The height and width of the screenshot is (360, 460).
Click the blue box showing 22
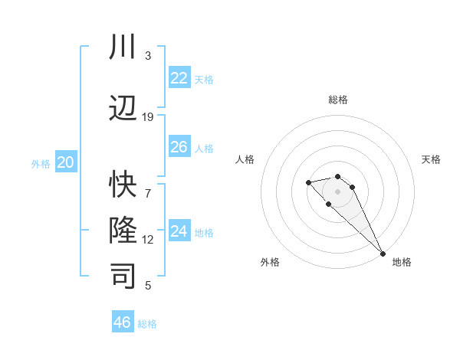point(179,77)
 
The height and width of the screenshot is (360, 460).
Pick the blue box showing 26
point(179,147)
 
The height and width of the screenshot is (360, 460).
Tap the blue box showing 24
point(179,231)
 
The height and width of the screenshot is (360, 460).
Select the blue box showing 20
point(66,162)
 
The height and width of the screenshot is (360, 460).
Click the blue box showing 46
point(123,322)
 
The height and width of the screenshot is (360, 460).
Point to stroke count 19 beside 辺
point(148,116)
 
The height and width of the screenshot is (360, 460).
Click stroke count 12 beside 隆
point(148,240)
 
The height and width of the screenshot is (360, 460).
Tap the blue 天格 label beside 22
point(204,79)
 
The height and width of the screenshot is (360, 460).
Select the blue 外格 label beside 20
point(41,163)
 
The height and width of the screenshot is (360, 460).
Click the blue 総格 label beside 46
point(147,323)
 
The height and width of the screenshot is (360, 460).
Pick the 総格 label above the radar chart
point(337,100)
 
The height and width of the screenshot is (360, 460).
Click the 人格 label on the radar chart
point(245,159)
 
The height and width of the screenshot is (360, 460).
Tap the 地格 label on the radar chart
point(402,262)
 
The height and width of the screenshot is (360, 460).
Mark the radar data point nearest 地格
point(383,254)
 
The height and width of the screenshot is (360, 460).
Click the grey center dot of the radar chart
point(337,191)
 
